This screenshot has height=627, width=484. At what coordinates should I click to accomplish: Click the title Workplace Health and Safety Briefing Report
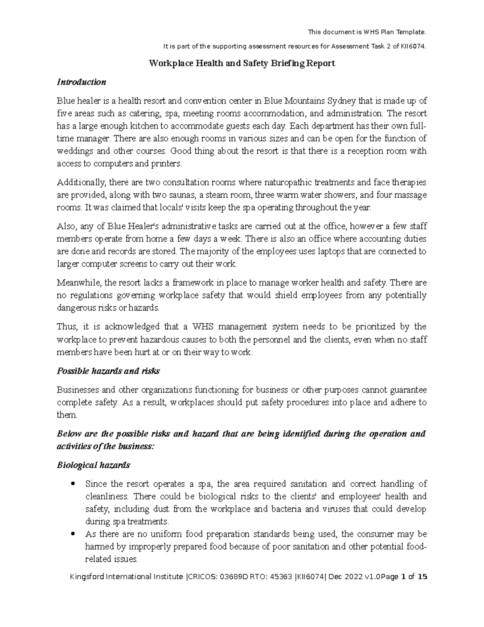(x=242, y=63)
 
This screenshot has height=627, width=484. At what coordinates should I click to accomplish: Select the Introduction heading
(x=81, y=82)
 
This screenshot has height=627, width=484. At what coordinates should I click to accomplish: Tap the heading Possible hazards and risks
(x=108, y=371)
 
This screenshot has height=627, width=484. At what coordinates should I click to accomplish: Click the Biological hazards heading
(x=93, y=465)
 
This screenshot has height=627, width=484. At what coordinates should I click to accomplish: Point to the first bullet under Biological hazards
(x=73, y=484)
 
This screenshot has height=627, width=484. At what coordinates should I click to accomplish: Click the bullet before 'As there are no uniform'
(x=73, y=534)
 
